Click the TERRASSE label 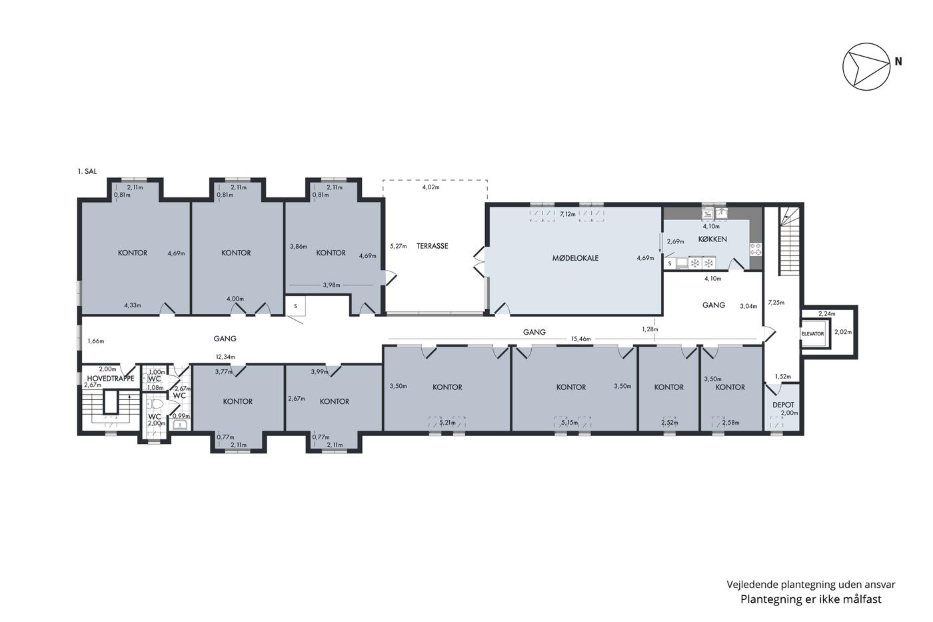click(x=433, y=246)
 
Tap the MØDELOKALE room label click(x=575, y=258)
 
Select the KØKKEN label click(x=712, y=239)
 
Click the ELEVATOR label click(x=812, y=334)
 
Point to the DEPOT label click(x=783, y=405)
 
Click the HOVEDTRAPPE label click(x=111, y=379)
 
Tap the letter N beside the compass click(x=898, y=61)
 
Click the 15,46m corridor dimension click(x=580, y=339)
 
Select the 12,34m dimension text click(x=225, y=357)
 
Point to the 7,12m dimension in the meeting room click(x=568, y=214)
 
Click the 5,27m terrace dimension click(x=399, y=246)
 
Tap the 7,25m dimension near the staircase click(x=776, y=303)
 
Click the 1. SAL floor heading click(x=87, y=171)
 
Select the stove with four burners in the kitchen click(x=756, y=249)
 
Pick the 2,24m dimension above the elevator click(x=827, y=314)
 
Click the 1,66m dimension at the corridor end click(x=96, y=341)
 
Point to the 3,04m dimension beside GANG click(x=748, y=306)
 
